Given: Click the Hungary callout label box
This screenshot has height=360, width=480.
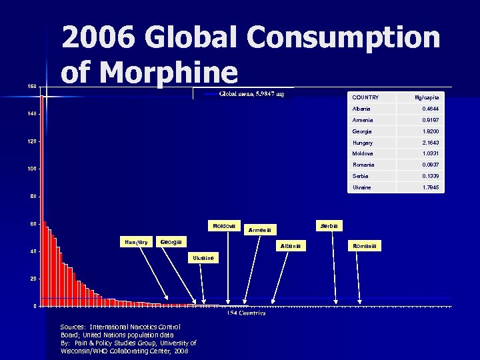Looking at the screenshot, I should pyautogui.click(x=135, y=241).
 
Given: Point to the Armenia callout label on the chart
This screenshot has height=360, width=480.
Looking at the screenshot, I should pyautogui.click(x=260, y=229).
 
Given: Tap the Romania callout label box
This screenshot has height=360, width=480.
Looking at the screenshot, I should pyautogui.click(x=365, y=246).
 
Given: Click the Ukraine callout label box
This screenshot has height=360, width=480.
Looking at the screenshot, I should pyautogui.click(x=203, y=257).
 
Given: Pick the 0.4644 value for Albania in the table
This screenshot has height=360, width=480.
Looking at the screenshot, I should pyautogui.click(x=429, y=109).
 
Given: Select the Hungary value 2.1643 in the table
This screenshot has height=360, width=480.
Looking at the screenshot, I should pyautogui.click(x=429, y=143).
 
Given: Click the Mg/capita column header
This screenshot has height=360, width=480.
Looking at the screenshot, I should pyautogui.click(x=427, y=97).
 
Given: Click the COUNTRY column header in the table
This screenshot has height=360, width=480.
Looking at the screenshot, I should pyautogui.click(x=365, y=97).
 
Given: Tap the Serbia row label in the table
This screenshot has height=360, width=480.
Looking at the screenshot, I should pyautogui.click(x=360, y=176).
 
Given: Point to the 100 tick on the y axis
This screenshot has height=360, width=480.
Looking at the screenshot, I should pyautogui.click(x=32, y=169).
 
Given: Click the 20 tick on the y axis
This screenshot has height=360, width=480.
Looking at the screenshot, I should pyautogui.click(x=33, y=279).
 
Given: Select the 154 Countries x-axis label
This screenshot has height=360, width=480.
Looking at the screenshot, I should pyautogui.click(x=246, y=312).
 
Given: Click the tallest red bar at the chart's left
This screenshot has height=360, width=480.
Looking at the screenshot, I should pyautogui.click(x=41, y=200).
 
